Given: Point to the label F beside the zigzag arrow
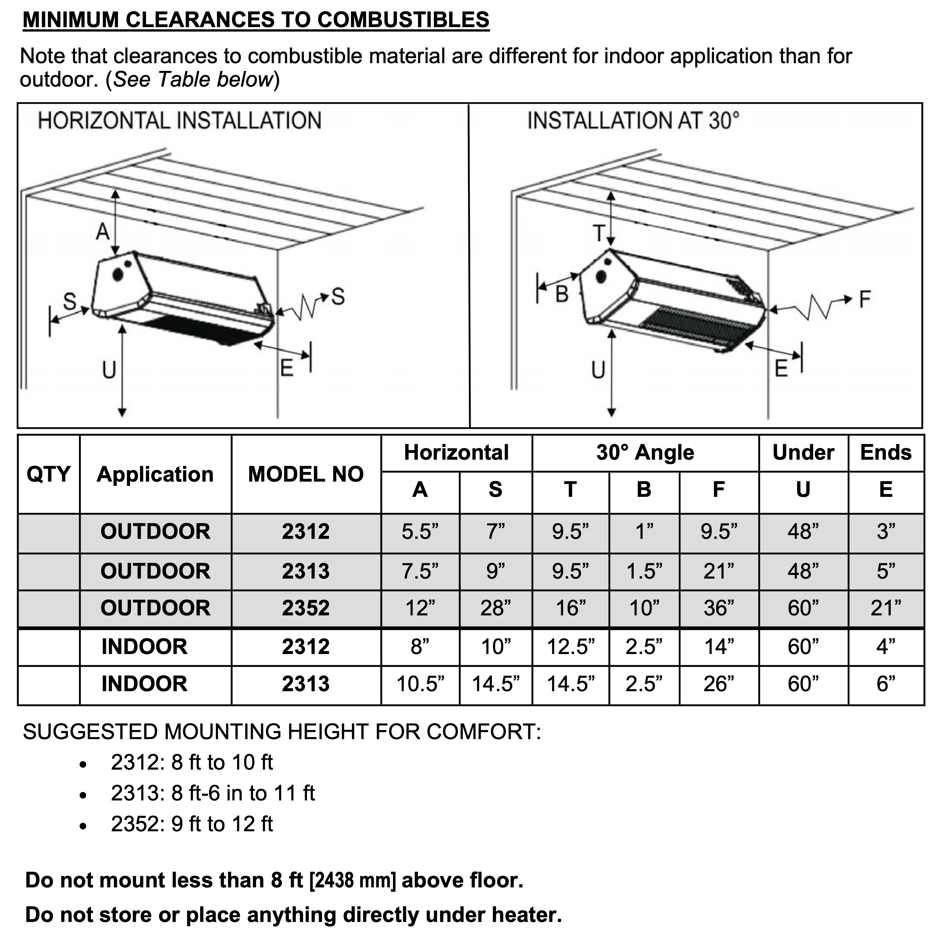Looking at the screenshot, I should tap(864, 299).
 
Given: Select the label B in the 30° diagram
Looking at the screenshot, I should tap(562, 294).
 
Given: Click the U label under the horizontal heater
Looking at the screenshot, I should tap(109, 370).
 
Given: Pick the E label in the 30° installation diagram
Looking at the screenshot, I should tap(781, 369).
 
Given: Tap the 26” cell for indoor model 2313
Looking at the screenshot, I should tap(719, 684).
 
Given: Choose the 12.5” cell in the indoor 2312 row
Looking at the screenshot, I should tap(571, 647).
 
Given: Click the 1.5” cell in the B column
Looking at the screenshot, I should tap(644, 571).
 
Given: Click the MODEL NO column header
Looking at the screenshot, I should tap(306, 474).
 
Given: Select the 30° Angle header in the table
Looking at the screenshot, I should tap(645, 453).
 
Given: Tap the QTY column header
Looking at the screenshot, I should tap(48, 474).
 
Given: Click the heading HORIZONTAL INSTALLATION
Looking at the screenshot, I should tap(179, 120).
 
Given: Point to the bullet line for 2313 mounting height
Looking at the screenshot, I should tap(212, 793).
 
